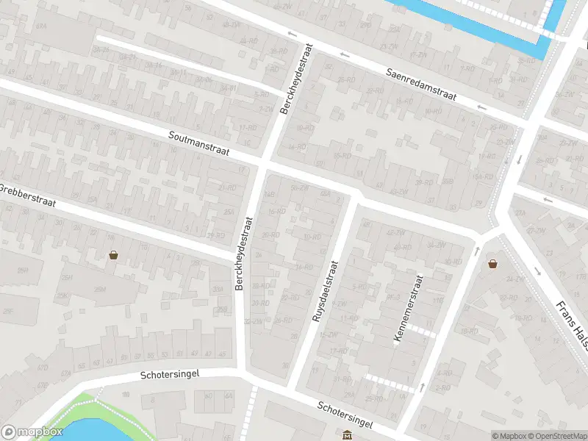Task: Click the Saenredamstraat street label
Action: pyautogui.click(x=422, y=85)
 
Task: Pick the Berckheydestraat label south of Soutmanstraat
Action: pyautogui.click(x=244, y=252)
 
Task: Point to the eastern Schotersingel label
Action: pyautogui.click(x=345, y=416)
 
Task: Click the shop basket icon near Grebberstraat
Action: pyautogui.click(x=114, y=255)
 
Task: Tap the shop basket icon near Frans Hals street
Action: pyautogui.click(x=492, y=263)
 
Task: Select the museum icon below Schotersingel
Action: pyautogui.click(x=347, y=435)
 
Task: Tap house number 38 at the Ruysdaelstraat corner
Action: pyautogui.click(x=284, y=365)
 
